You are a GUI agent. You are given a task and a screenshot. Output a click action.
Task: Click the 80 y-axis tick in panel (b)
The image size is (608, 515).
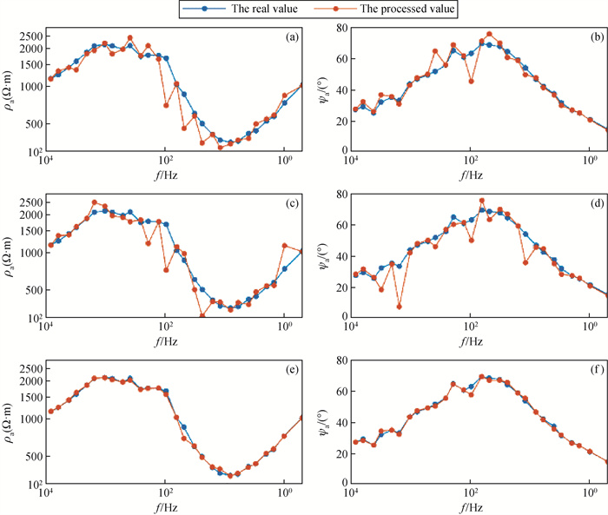[x=334, y=29]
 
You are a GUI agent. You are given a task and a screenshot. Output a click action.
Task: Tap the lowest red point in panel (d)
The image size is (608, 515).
[x=400, y=307]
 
